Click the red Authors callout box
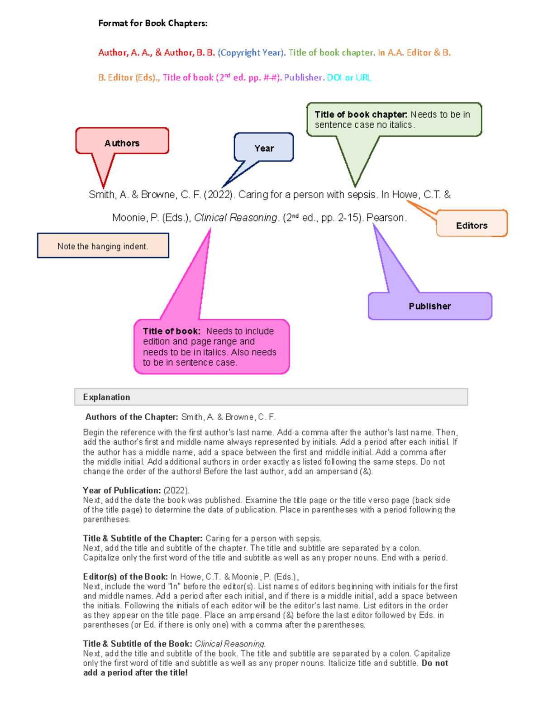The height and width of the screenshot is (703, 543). click(x=122, y=141)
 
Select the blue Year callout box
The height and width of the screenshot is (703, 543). click(x=264, y=148)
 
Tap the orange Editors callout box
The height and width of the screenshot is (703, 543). click(x=472, y=224)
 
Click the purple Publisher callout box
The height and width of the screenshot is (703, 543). click(x=429, y=306)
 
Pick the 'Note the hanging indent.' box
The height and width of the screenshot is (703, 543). click(x=103, y=246)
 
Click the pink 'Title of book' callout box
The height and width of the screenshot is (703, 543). click(x=211, y=346)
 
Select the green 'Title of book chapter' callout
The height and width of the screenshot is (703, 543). click(x=394, y=120)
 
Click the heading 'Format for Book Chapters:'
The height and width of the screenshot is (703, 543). click(x=153, y=23)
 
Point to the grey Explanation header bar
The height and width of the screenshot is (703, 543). click(x=271, y=397)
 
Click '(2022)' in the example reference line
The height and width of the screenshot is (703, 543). click(x=219, y=195)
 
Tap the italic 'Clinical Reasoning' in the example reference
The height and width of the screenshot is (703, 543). click(x=235, y=218)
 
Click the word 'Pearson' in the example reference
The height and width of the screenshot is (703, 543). click(x=386, y=218)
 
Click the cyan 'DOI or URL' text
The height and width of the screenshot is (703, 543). click(x=349, y=77)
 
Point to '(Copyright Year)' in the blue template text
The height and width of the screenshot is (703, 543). click(x=252, y=53)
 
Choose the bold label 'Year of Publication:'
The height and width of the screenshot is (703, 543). click(x=122, y=490)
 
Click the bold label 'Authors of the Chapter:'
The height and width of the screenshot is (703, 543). click(x=132, y=417)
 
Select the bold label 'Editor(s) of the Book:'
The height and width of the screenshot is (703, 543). click(x=125, y=577)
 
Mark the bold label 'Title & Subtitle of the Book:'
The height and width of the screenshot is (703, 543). click(x=138, y=644)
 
